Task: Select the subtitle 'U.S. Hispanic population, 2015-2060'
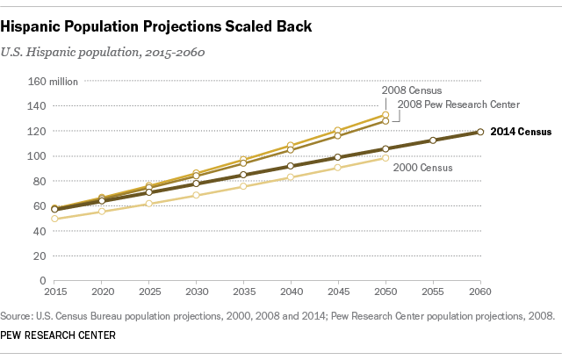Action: tap(110, 52)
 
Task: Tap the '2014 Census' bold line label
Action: tap(520, 133)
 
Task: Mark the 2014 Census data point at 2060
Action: tap(480, 132)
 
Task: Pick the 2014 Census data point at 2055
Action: tap(433, 140)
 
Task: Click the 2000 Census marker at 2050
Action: tap(385, 158)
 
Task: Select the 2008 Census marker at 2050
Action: tap(385, 115)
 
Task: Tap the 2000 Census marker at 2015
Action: tap(55, 219)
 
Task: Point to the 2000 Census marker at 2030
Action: tap(197, 195)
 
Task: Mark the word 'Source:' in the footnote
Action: tap(20, 315)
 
